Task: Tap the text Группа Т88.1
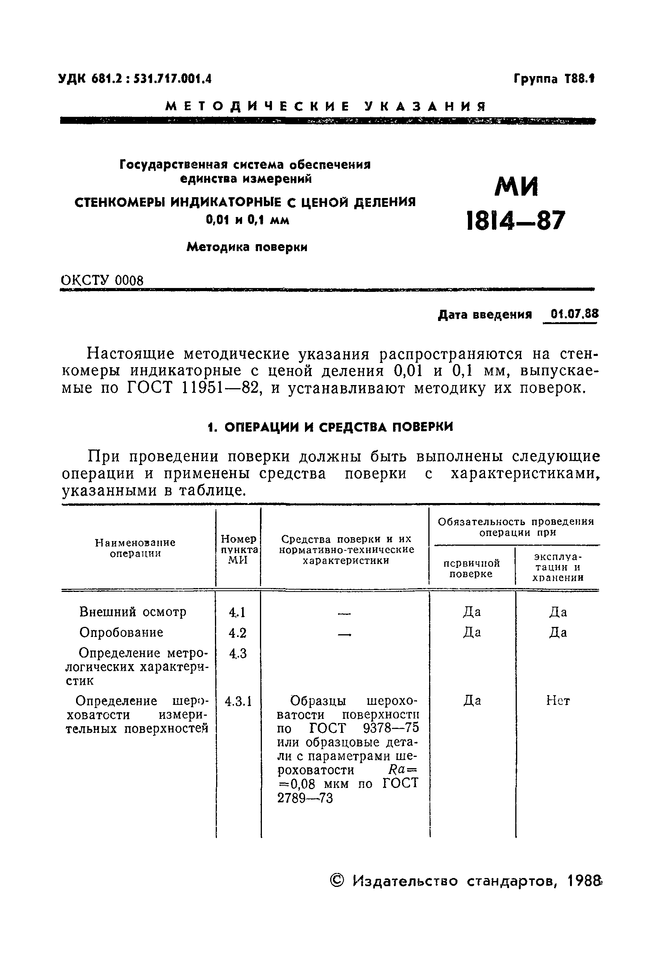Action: coord(554,79)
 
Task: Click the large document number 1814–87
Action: coord(515,220)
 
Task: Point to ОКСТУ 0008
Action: coord(102,281)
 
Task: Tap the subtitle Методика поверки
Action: coord(247,247)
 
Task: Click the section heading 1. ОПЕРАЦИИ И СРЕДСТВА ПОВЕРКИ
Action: coord(330,427)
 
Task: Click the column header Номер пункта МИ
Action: coord(239,550)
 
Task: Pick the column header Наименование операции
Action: coord(135,548)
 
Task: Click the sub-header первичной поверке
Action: coord(471,568)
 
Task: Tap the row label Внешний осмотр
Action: coord(133,612)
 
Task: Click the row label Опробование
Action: coord(121,632)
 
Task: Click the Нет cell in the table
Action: coord(558,701)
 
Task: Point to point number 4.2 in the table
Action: coord(237,633)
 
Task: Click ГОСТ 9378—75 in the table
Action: coord(364,728)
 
